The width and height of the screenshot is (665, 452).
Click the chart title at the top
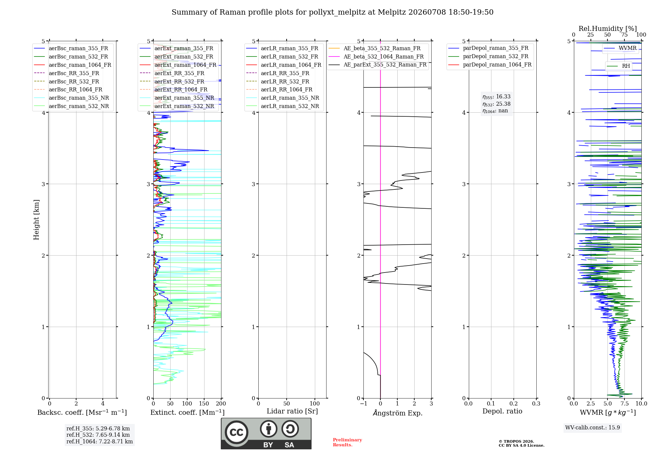tap(332, 12)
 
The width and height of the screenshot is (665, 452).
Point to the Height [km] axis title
tap(36, 220)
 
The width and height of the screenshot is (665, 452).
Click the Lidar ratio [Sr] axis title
tap(292, 411)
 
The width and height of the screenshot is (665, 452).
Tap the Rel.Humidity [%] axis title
tap(607, 29)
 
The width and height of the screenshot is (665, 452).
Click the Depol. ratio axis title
tap(502, 411)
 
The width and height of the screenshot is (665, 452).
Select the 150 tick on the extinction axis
tap(204, 403)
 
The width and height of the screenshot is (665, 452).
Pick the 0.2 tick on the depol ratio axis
tap(513, 403)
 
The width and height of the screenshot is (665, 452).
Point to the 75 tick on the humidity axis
tap(624, 35)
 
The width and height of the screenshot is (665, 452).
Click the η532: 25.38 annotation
tap(496, 104)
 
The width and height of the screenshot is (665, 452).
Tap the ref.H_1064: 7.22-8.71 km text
tap(99, 441)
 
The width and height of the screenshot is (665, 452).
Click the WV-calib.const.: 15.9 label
tap(593, 427)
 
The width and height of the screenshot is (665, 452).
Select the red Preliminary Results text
tap(347, 442)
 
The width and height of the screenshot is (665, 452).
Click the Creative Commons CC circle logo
tap(236, 432)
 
